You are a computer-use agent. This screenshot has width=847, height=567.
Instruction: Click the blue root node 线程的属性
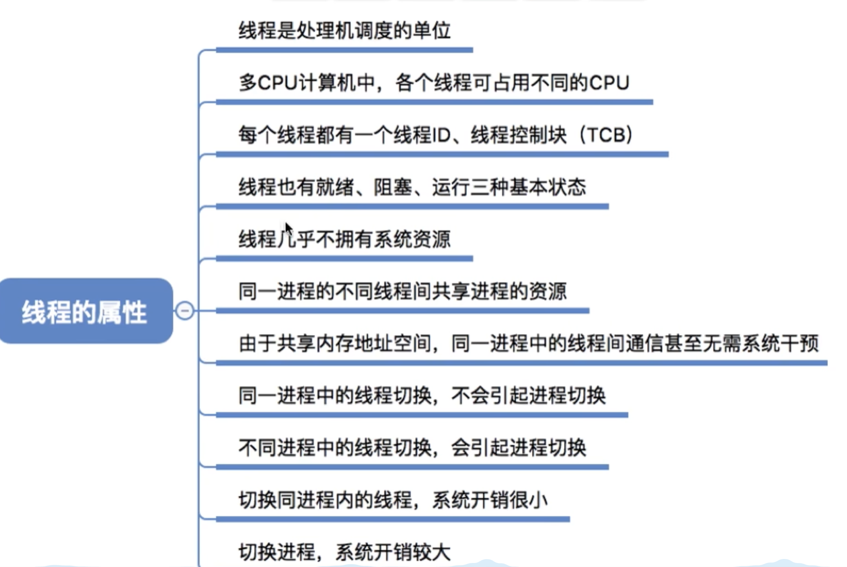point(85,311)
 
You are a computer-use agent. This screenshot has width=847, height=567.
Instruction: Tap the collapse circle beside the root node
point(185,311)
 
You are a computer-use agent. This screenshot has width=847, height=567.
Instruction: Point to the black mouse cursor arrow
point(288,229)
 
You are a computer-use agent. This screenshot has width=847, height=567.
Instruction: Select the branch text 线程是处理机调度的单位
point(344,30)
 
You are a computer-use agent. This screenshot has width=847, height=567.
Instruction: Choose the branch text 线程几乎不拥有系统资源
point(344,239)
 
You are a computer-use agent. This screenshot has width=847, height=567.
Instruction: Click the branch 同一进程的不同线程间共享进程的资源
point(402,292)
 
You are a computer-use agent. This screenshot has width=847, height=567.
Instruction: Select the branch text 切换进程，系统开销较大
point(344,552)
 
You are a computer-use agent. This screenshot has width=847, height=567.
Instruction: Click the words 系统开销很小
point(490,500)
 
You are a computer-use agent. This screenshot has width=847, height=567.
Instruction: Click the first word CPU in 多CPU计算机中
point(277,83)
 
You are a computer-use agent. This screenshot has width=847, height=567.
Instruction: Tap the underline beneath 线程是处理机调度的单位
point(344,50)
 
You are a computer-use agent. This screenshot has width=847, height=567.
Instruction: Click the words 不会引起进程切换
point(528,396)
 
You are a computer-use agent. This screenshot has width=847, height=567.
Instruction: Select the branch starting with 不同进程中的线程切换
point(412,448)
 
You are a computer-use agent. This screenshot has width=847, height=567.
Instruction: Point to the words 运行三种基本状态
point(509,187)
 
